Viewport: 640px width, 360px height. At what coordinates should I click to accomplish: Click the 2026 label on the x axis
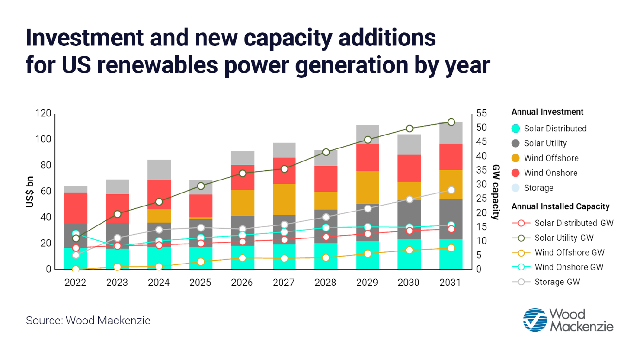pyautogui.click(x=242, y=283)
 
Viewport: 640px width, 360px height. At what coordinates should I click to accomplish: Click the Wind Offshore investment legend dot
pyautogui.click(x=515, y=158)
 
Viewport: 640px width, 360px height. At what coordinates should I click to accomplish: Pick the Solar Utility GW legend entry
pyautogui.click(x=564, y=238)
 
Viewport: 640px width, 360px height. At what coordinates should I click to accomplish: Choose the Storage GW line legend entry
pyautogui.click(x=557, y=282)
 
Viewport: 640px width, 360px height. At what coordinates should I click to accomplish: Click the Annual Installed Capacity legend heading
pyautogui.click(x=560, y=206)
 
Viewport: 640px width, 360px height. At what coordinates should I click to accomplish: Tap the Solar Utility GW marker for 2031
pyautogui.click(x=451, y=122)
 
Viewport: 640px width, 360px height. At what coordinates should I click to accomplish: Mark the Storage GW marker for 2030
pyautogui.click(x=409, y=199)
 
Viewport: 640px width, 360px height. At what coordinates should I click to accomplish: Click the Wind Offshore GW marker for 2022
pyautogui.click(x=76, y=270)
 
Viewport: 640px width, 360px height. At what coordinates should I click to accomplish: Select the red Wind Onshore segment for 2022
pyautogui.click(x=76, y=208)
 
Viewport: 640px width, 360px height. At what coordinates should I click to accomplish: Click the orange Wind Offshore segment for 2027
pyautogui.click(x=283, y=199)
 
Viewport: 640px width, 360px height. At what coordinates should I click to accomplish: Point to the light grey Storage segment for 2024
pyautogui.click(x=159, y=169)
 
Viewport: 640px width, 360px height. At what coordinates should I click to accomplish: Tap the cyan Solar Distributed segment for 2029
pyautogui.click(x=367, y=255)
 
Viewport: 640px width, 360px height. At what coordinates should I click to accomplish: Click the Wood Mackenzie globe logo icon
pyautogui.click(x=535, y=320)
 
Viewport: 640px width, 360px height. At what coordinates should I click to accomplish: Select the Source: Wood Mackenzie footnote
pyautogui.click(x=88, y=321)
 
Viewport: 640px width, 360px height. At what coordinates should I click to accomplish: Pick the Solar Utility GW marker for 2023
pyautogui.click(x=117, y=214)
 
